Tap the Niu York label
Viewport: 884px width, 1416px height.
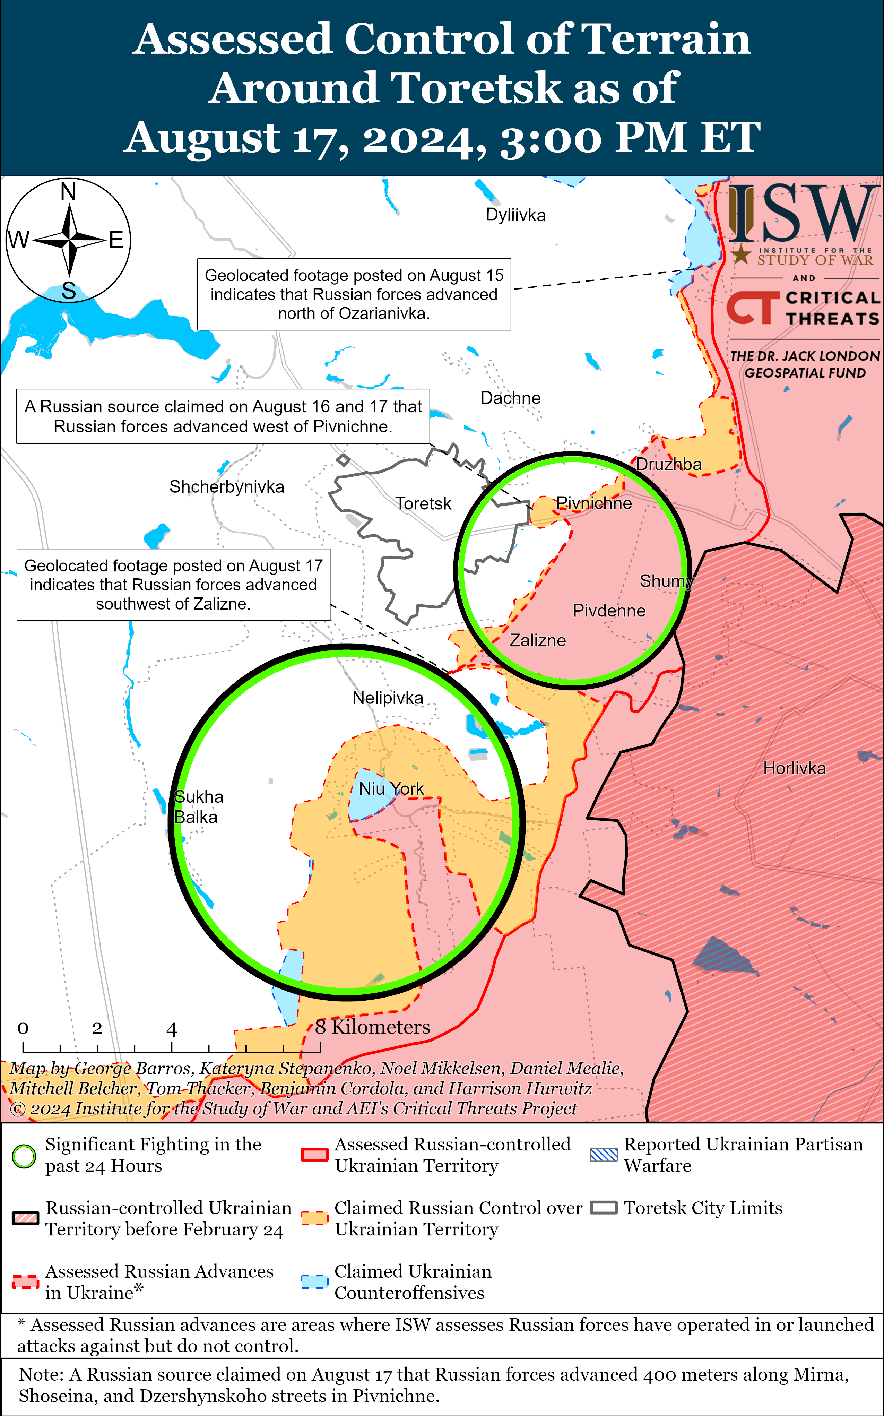point(391,789)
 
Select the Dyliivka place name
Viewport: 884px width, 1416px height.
point(516,215)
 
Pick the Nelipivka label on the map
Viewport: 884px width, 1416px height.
point(388,698)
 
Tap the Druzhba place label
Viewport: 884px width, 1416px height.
point(668,464)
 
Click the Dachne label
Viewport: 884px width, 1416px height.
point(510,398)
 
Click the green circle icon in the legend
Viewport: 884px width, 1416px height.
point(24,1156)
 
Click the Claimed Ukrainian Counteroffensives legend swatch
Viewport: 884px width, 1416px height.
point(314,1281)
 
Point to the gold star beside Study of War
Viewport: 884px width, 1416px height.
point(741,255)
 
